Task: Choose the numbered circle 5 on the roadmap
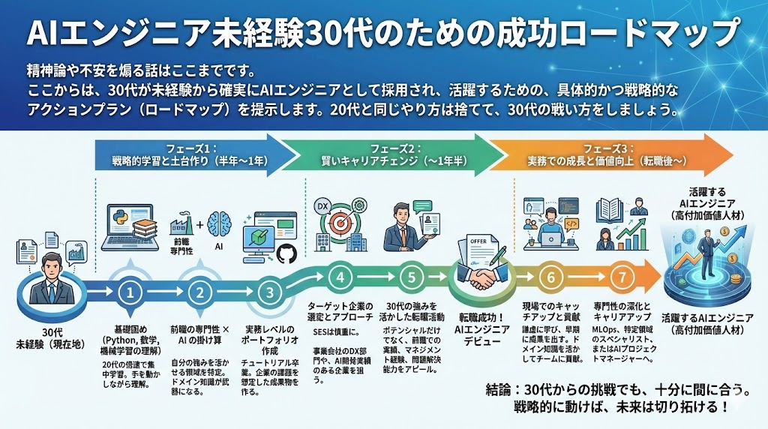(x=411, y=276)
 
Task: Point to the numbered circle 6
(x=550, y=276)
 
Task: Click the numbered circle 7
(x=620, y=276)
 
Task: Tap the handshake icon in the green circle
(x=481, y=278)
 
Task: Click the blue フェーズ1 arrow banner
(x=192, y=155)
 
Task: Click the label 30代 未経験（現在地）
(x=52, y=339)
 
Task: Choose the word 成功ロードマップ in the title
(x=622, y=34)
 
